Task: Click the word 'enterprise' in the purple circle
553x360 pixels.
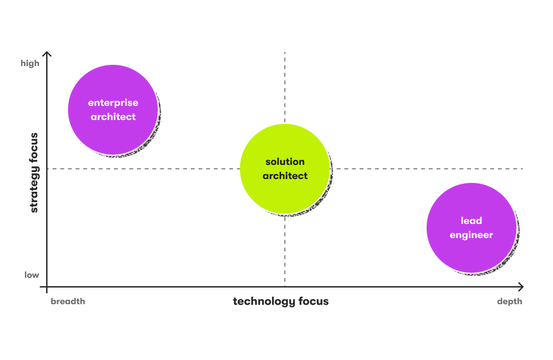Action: coord(113,103)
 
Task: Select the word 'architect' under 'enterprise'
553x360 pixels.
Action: coord(113,117)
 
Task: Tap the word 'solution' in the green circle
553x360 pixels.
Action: coord(285,162)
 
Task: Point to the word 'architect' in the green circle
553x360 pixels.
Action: coord(285,176)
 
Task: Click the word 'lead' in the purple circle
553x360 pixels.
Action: coord(472,221)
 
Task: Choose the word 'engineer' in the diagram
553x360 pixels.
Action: coord(472,235)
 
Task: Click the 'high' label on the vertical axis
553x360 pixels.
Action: coord(30,64)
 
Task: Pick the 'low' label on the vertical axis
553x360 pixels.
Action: coord(32,275)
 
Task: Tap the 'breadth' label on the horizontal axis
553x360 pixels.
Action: coord(68,302)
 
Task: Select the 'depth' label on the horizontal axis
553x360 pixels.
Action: coord(509,302)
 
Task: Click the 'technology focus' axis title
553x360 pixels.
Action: coord(280,302)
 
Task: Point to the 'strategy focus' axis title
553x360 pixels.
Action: coord(33,172)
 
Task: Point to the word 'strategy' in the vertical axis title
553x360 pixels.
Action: coord(33,190)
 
